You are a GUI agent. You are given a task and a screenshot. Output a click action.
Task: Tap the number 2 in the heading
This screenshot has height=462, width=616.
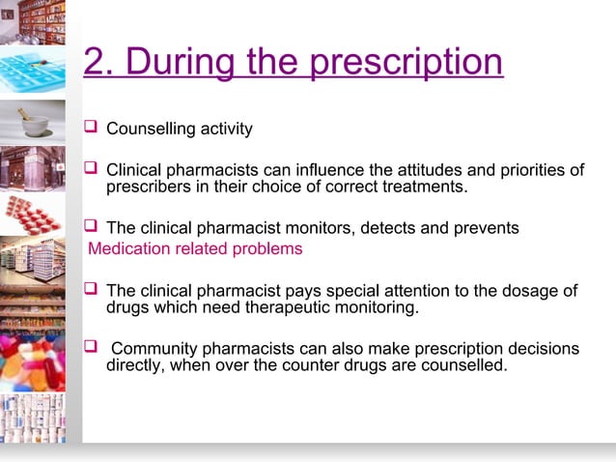coord(94,64)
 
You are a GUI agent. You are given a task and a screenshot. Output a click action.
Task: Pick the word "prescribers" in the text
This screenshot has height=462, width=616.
coord(150,187)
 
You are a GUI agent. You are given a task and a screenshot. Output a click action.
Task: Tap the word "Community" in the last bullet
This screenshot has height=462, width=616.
coord(157,348)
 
